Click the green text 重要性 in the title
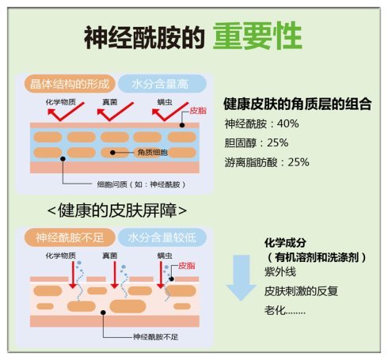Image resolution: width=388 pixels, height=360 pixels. pyautogui.click(x=257, y=36)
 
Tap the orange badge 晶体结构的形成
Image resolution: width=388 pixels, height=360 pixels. pyautogui.click(x=70, y=84)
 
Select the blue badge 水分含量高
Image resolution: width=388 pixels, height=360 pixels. pyautogui.click(x=162, y=84)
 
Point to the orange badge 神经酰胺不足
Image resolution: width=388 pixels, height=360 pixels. pyautogui.click(x=70, y=237)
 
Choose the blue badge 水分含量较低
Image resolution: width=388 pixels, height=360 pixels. pyautogui.click(x=162, y=237)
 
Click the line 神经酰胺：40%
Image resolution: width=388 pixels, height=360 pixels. pyautogui.click(x=261, y=123)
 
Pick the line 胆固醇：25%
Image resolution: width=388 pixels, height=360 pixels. pyautogui.click(x=257, y=143)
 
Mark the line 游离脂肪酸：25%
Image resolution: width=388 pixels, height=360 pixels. pyautogui.click(x=267, y=162)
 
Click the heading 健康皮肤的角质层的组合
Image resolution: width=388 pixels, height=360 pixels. pyautogui.click(x=298, y=104)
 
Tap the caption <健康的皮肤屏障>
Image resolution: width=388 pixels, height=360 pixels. pyautogui.click(x=117, y=210)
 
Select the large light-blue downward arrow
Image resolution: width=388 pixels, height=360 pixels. pyautogui.click(x=242, y=278)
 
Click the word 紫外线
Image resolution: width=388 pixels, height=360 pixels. pyautogui.click(x=280, y=272)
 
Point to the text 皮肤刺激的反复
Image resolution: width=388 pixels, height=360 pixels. pyautogui.click(x=301, y=291)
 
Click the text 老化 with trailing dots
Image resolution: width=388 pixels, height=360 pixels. pyautogui.click(x=285, y=310)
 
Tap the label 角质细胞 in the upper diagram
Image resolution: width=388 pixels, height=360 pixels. pyautogui.click(x=153, y=153)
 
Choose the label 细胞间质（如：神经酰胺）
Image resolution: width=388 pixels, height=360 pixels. pyautogui.click(x=142, y=184)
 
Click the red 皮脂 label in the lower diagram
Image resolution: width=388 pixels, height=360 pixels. pyautogui.click(x=187, y=266)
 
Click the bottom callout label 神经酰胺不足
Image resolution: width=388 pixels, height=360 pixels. pyautogui.click(x=155, y=337)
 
